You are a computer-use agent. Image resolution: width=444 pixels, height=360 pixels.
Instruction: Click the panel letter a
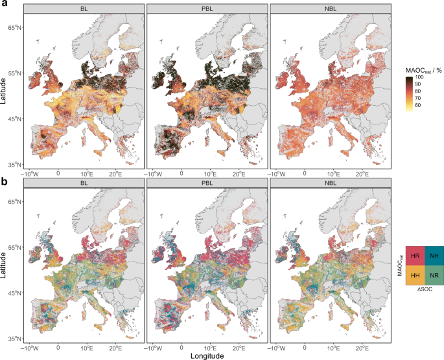4,4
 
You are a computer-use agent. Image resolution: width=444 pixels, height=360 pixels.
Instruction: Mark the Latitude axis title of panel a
5,86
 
